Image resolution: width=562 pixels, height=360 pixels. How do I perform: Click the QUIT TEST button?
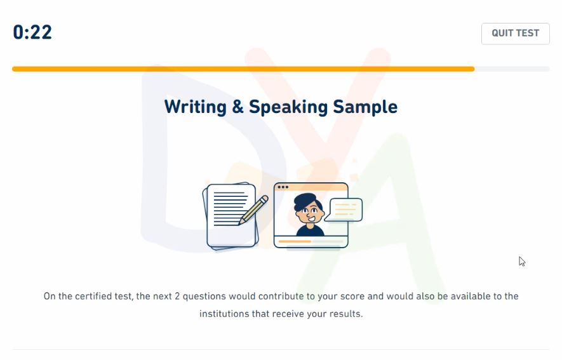coord(516,34)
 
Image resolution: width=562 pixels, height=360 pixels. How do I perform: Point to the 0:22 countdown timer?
coord(32,32)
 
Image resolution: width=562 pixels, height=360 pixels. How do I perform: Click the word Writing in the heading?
coord(196,107)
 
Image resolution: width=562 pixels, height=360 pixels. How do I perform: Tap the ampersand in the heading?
coord(238,107)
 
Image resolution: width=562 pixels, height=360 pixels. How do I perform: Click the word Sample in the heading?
coord(365,107)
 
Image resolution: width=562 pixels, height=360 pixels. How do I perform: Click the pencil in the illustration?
coord(253,210)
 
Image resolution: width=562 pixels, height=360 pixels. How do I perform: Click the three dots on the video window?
coord(283,187)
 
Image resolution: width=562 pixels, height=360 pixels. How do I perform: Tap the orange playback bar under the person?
coord(295,241)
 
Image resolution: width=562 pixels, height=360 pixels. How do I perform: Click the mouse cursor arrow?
coord(522,262)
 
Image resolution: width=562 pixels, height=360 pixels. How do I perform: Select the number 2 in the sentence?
coord(177,297)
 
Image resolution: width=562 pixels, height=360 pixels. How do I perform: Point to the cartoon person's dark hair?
coord(305,201)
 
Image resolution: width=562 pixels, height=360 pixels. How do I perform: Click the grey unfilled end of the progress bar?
coord(512,69)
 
